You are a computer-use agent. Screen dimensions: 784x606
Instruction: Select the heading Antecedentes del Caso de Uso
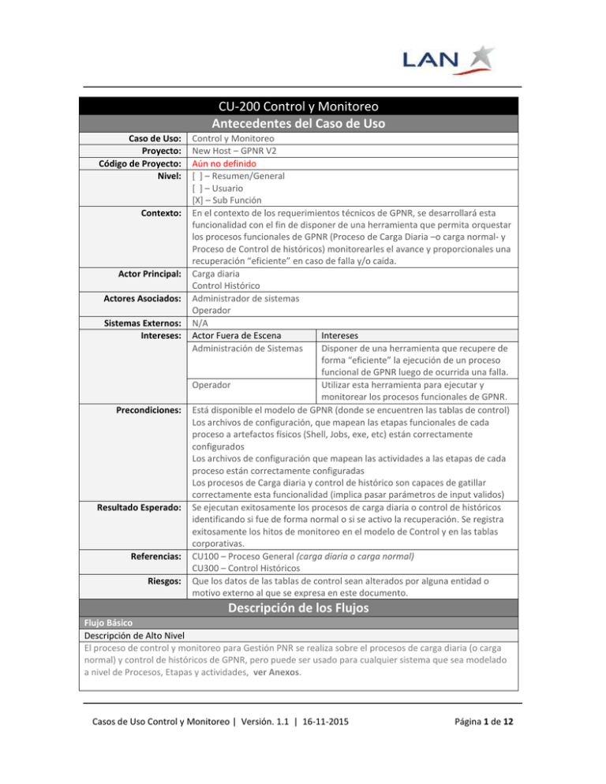tap(303, 125)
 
